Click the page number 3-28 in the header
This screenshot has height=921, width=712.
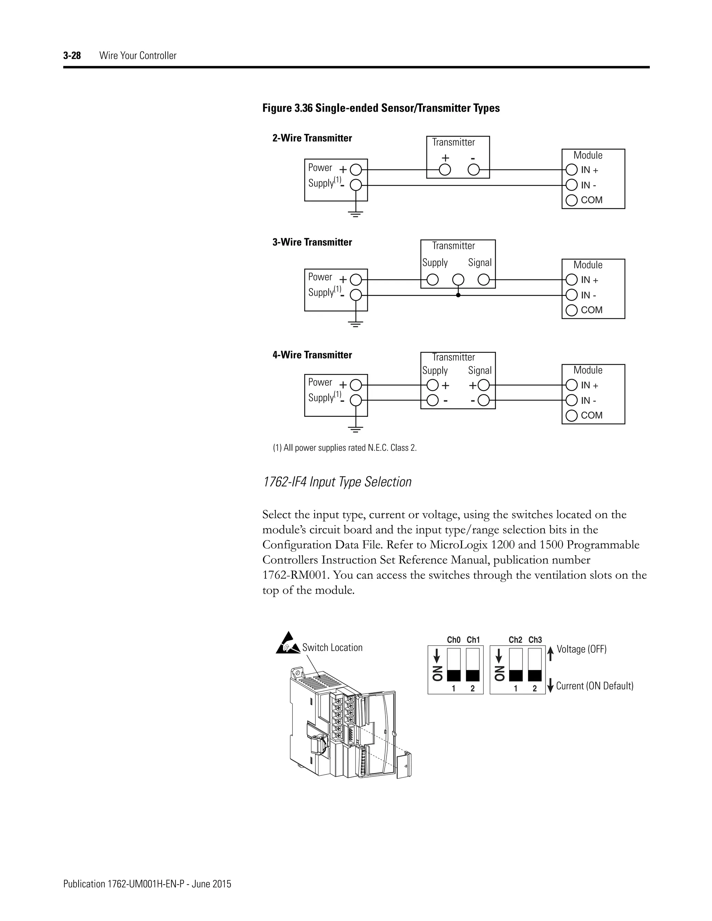pyautogui.click(x=72, y=56)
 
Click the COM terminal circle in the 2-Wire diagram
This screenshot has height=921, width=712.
pyautogui.click(x=571, y=200)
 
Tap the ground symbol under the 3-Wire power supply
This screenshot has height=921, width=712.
pyautogui.click(x=356, y=324)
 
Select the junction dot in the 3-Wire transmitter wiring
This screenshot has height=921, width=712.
pyautogui.click(x=458, y=295)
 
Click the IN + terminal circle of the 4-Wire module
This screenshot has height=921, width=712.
pyautogui.click(x=571, y=385)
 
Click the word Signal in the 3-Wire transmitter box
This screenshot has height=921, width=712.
pyautogui.click(x=479, y=263)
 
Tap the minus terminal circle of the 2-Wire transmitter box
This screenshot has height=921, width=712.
pyautogui.click(x=474, y=170)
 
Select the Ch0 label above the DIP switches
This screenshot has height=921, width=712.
pyautogui.click(x=453, y=640)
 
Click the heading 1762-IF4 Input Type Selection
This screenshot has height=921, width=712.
pyautogui.click(x=337, y=482)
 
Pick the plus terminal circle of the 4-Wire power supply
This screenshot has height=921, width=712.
pyautogui.click(x=356, y=385)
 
